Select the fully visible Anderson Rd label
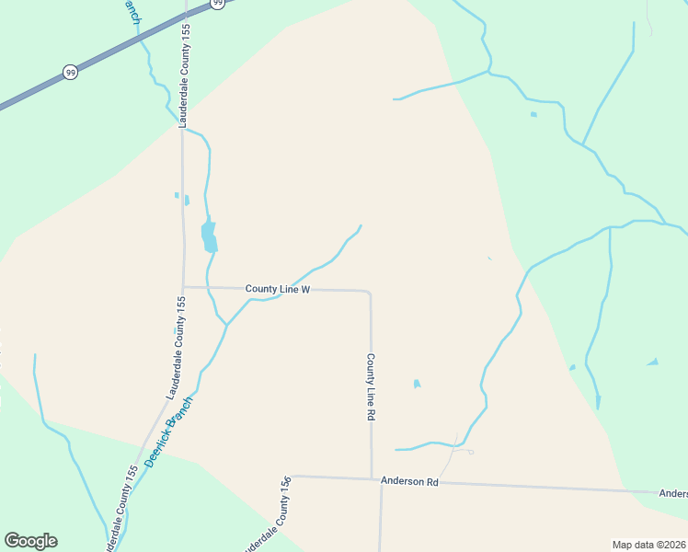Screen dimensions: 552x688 point(409,481)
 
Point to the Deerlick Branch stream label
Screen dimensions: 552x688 point(169,431)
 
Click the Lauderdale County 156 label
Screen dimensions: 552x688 point(268,516)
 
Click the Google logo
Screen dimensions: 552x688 point(30,541)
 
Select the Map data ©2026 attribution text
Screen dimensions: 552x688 point(648,544)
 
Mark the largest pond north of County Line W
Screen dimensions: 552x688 point(210,236)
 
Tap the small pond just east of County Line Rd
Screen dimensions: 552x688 point(417,384)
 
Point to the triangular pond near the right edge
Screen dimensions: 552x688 point(653,362)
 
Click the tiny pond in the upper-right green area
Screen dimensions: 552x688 point(533,115)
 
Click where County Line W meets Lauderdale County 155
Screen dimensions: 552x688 point(183,287)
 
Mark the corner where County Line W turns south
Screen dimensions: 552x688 point(370,293)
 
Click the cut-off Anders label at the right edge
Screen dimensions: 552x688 point(673,493)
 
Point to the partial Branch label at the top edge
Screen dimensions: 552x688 point(132,10)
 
